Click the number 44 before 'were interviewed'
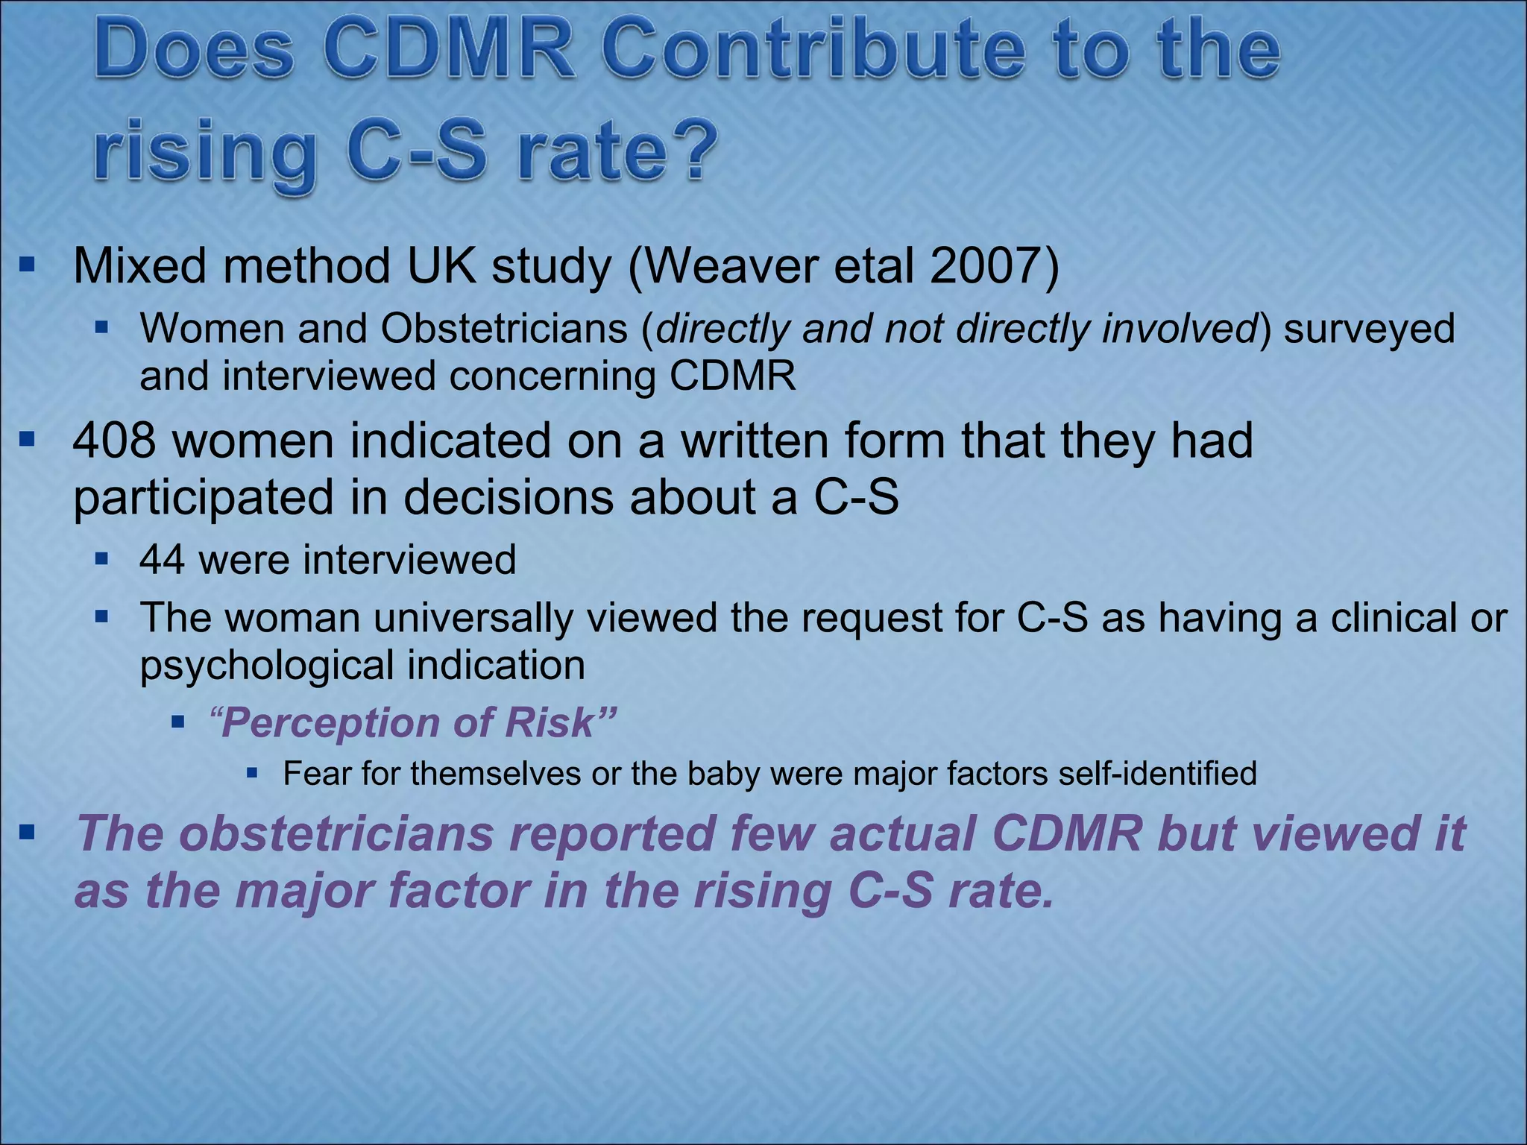(x=162, y=559)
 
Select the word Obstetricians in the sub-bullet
(x=504, y=329)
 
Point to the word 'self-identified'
(x=1157, y=774)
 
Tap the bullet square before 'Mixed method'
(x=28, y=264)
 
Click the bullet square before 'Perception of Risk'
(x=178, y=722)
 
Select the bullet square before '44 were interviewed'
(x=103, y=558)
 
